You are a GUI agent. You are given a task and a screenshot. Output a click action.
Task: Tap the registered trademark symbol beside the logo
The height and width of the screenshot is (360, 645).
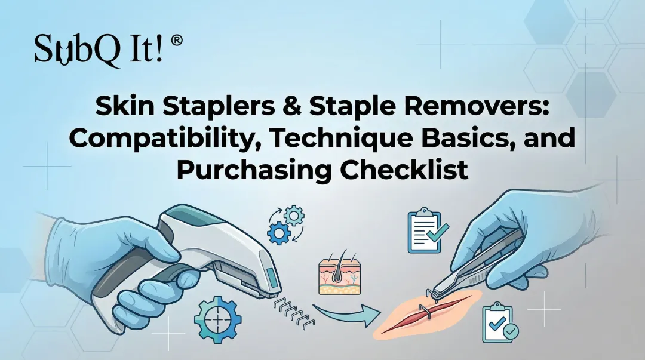(177, 41)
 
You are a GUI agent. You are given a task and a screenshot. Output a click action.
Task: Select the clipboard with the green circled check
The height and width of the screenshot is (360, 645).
(499, 324)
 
